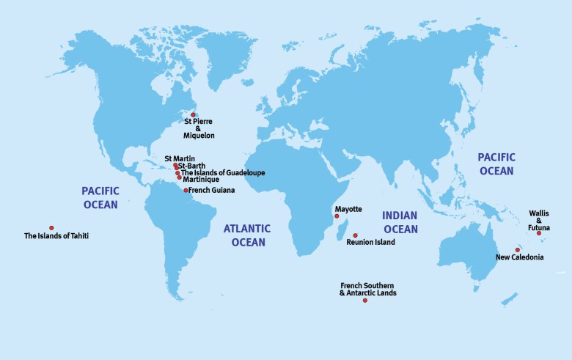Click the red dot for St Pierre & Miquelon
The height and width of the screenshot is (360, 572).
pyautogui.click(x=193, y=114)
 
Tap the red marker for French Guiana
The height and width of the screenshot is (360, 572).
pyautogui.click(x=186, y=190)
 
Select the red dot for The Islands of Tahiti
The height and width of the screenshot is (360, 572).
pyautogui.click(x=51, y=228)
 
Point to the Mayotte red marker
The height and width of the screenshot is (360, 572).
pyautogui.click(x=337, y=216)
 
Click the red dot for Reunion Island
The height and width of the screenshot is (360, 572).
pyautogui.click(x=355, y=235)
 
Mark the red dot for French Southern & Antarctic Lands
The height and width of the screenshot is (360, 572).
pyautogui.click(x=365, y=301)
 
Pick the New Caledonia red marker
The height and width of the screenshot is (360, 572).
pyautogui.click(x=517, y=250)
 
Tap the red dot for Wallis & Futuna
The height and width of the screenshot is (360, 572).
pyautogui.click(x=539, y=233)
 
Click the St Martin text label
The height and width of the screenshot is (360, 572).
pyautogui.click(x=180, y=158)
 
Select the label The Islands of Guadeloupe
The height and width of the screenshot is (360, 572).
pyautogui.click(x=223, y=173)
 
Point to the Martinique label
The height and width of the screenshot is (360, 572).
pyautogui.click(x=201, y=180)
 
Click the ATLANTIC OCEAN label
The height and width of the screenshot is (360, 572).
pyautogui.click(x=247, y=235)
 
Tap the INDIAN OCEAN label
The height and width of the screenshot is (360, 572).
pyautogui.click(x=400, y=222)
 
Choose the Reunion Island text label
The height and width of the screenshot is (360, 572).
pyautogui.click(x=370, y=243)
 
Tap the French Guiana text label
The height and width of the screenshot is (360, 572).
pyautogui.click(x=212, y=190)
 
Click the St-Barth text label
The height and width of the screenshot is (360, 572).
pyautogui.click(x=193, y=166)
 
